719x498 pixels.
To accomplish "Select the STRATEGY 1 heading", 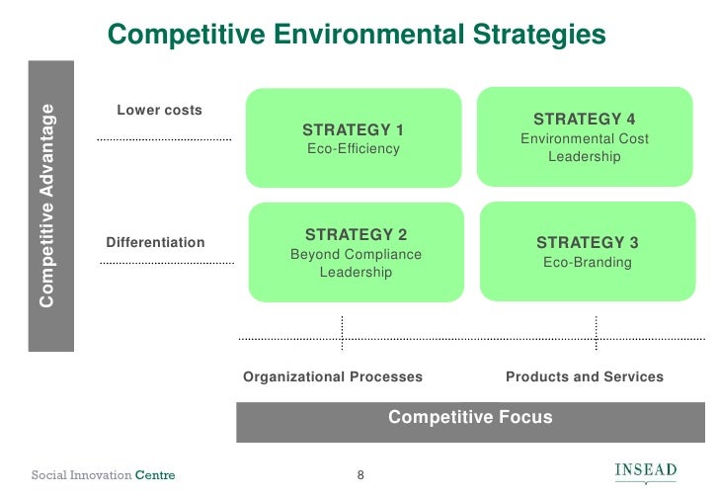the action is tap(353, 129).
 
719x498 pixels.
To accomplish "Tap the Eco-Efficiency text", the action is tap(353, 149).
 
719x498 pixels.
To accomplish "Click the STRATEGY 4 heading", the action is tap(584, 120).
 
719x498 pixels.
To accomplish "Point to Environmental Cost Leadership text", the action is tap(584, 148).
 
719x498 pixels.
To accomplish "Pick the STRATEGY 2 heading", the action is tap(356, 234).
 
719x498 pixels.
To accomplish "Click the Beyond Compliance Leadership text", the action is tap(356, 263).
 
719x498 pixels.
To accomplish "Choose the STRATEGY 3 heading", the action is tap(587, 242).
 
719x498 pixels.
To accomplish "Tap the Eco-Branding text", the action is tap(587, 263).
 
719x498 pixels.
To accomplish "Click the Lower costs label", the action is tap(159, 110).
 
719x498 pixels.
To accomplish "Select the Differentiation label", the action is tap(155, 242).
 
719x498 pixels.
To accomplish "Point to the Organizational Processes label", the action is tap(333, 376).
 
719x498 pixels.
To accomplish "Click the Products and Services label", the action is tap(584, 376).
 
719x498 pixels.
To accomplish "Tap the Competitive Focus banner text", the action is tap(470, 417).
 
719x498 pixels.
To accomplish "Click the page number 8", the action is tap(360, 476).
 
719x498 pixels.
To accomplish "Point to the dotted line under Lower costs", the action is tap(164, 140).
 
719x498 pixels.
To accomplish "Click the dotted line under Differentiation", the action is tap(166, 264).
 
